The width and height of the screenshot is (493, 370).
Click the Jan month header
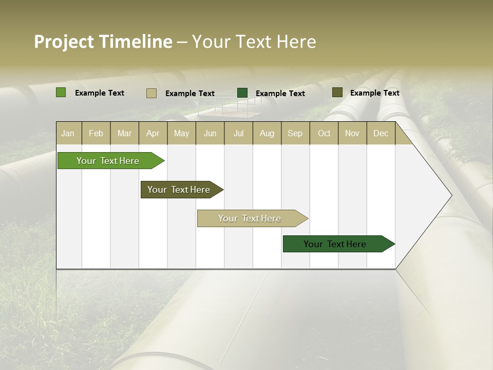point(68,133)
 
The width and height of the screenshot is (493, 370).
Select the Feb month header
point(96,133)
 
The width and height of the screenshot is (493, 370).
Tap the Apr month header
point(153,133)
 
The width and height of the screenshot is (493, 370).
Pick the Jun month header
point(210,133)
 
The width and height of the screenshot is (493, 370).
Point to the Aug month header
point(267,133)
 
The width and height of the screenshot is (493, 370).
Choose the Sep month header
point(295,133)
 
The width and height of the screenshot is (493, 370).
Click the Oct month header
point(324,133)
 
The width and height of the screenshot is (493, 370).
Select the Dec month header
point(381,133)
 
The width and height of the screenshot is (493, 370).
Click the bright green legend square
point(61,92)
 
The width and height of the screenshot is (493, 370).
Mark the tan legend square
point(151,93)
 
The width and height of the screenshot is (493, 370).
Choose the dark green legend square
point(242,93)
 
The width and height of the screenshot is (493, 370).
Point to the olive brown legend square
point(337,92)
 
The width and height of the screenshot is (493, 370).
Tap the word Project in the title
point(64,42)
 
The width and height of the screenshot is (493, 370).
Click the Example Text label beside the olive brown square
point(374,93)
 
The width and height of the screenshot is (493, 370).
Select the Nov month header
point(352,133)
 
